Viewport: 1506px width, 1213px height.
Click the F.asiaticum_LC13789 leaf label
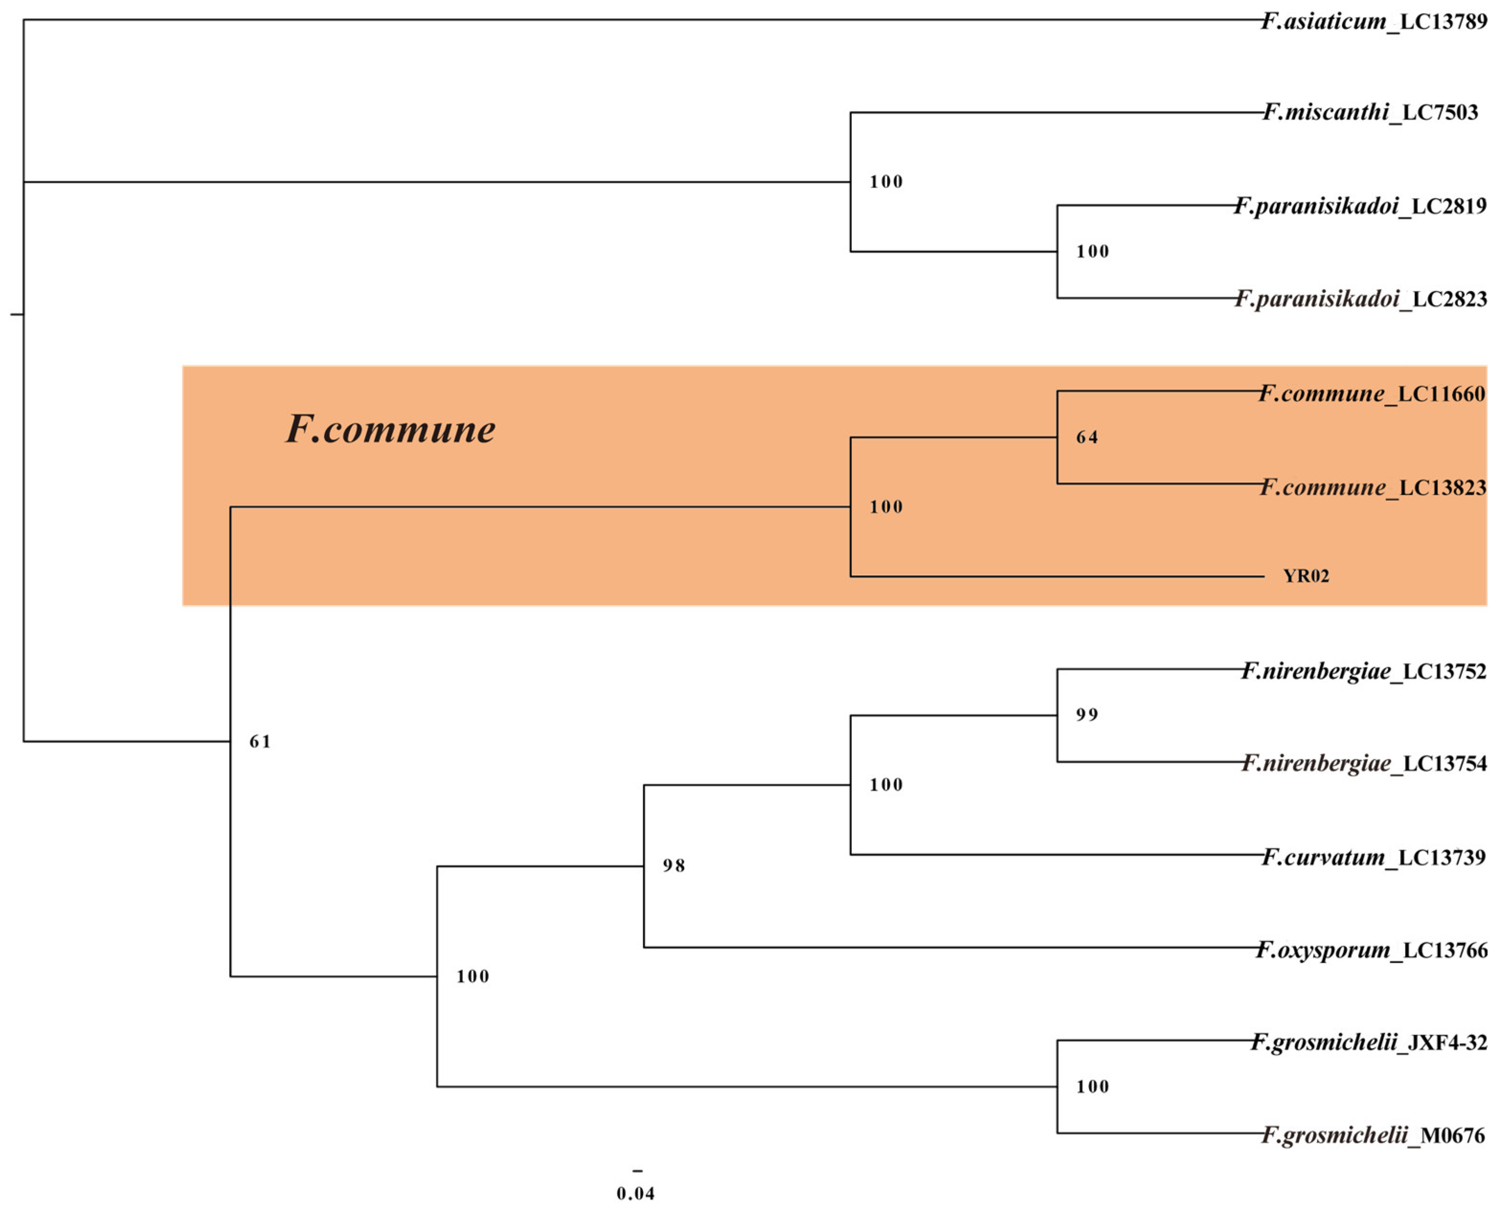1374,22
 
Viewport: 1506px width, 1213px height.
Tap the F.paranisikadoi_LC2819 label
1360,206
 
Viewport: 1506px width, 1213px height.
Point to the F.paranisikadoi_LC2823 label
1360,299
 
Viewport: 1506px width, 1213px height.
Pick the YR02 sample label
1305,577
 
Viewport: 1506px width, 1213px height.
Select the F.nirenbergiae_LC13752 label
1363,671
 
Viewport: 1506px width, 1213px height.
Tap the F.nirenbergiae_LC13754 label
1363,763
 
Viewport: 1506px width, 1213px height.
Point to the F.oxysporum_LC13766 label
1371,950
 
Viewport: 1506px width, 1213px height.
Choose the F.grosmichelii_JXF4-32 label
1368,1043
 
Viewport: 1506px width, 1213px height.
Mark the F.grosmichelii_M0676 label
1372,1135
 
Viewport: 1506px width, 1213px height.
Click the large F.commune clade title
391,429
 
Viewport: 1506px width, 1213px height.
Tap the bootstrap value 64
1087,437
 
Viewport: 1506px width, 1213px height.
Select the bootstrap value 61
260,741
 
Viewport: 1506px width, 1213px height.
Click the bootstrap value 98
674,866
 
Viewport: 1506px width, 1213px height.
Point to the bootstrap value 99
1087,715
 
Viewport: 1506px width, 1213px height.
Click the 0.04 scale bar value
635,1193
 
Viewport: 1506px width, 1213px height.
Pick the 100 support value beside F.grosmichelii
1092,1087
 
